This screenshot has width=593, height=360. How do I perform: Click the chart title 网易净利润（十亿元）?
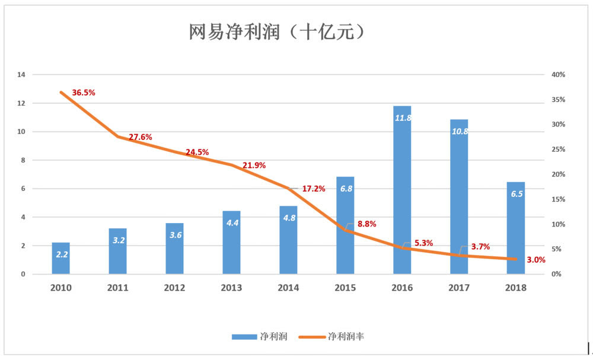coord(277,33)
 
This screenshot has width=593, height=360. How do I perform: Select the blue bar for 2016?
coord(402,190)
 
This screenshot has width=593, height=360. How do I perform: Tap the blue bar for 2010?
coord(60,259)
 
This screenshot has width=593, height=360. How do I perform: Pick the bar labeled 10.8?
coord(459,196)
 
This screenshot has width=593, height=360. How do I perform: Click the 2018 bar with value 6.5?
coord(516,228)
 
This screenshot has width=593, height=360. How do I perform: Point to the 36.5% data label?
coord(84,93)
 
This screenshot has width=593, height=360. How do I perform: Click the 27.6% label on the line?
coord(141,137)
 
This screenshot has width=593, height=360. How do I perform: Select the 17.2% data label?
coord(314,189)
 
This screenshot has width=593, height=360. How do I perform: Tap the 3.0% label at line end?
coord(535,260)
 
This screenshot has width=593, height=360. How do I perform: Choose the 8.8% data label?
coord(366,224)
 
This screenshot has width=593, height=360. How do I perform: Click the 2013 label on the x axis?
coord(231,288)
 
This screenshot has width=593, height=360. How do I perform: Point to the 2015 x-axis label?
coord(345,288)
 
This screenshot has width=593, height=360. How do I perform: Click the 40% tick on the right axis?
coord(558,75)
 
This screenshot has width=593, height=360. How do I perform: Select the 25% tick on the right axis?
coord(558,149)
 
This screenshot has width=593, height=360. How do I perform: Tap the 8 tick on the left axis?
coord(23,160)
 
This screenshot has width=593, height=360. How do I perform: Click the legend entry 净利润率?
coord(346,337)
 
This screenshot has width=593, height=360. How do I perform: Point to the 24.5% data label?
coord(197,152)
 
